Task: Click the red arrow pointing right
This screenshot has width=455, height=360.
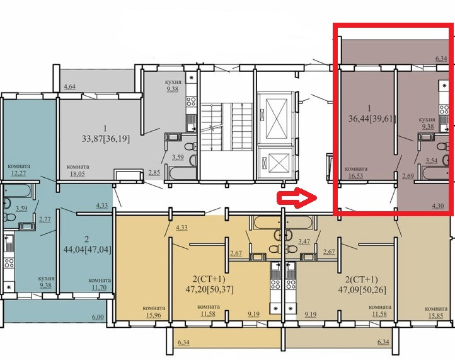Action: (x=296, y=198)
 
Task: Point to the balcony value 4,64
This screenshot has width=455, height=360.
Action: (x=69, y=86)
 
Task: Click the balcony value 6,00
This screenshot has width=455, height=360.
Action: (x=98, y=316)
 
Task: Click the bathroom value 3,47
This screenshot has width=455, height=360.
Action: (x=304, y=241)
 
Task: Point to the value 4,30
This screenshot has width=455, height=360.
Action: (x=439, y=206)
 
